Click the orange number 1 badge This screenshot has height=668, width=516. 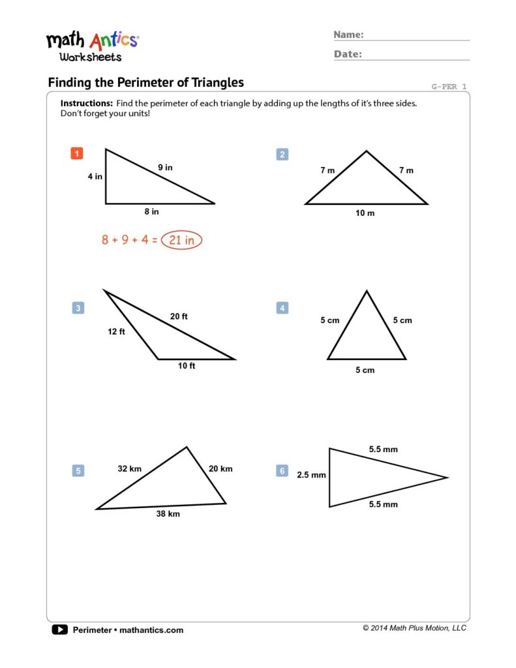(77, 154)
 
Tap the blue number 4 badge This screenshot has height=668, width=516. (282, 308)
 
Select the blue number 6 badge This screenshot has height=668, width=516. (282, 470)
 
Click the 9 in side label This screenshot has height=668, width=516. (165, 168)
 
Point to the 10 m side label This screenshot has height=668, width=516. (365, 213)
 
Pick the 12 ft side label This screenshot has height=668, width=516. (116, 331)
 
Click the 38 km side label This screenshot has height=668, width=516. (168, 514)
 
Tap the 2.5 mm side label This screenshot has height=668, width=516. (311, 475)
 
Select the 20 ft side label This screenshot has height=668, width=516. (179, 316)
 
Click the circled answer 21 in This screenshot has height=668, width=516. (182, 240)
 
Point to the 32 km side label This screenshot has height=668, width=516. (129, 468)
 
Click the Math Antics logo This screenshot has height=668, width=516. (92, 46)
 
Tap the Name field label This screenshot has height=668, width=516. (349, 35)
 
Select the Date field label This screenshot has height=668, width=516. (348, 54)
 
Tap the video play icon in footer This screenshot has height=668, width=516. (59, 630)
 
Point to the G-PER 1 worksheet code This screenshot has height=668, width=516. (449, 86)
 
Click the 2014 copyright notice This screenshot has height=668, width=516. (414, 628)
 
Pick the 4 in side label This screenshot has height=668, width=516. (95, 176)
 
